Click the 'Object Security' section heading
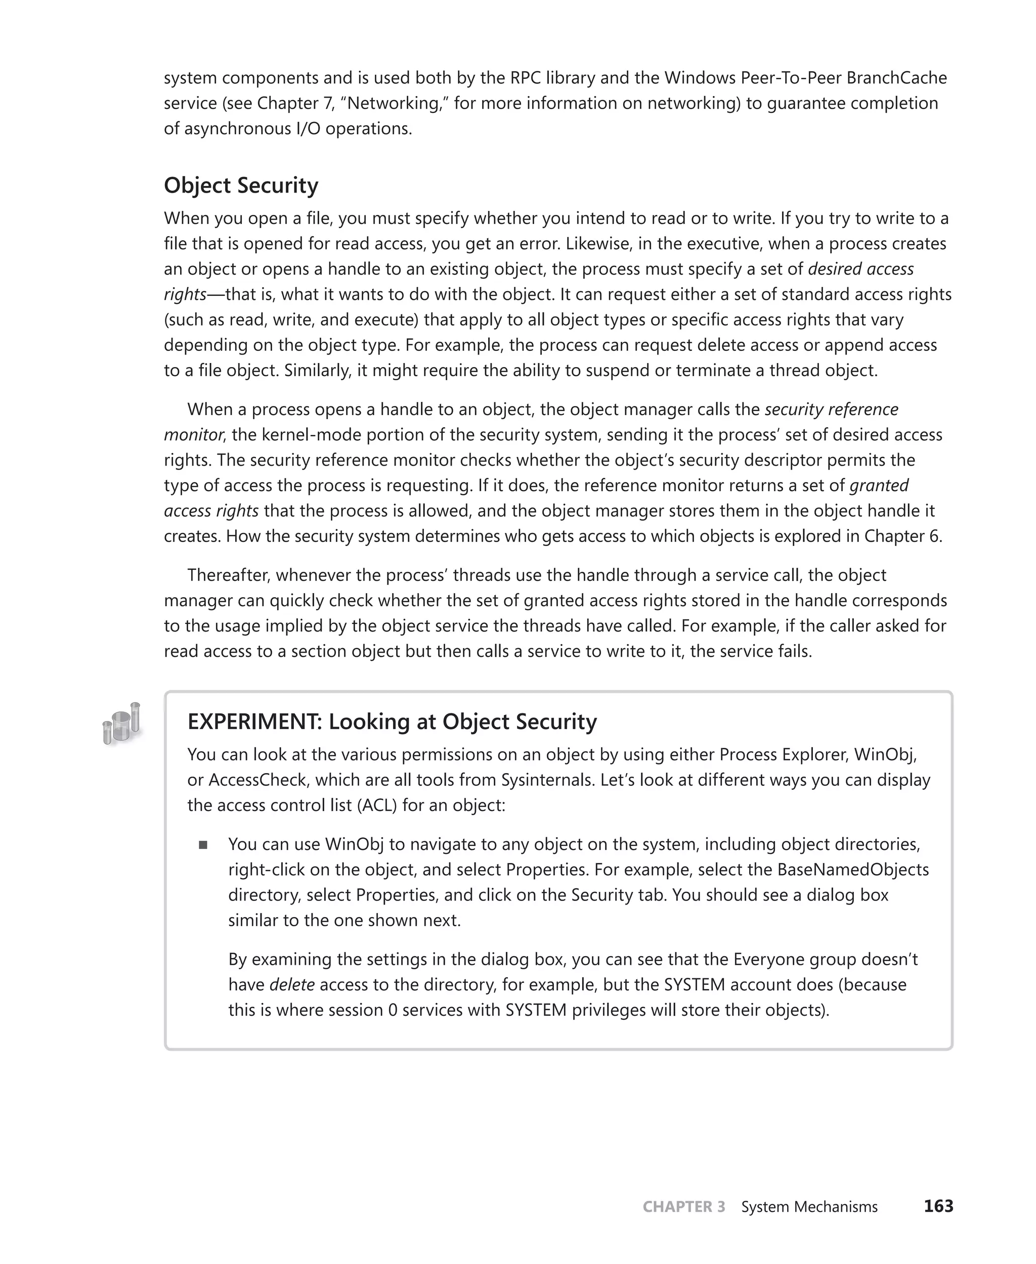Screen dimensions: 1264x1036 coord(241,186)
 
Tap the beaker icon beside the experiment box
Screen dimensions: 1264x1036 coord(122,723)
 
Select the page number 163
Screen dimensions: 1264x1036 coord(938,1206)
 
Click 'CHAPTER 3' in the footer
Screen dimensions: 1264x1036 coord(684,1207)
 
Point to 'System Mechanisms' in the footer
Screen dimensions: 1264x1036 coord(809,1207)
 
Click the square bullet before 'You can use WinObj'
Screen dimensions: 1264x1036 coord(203,845)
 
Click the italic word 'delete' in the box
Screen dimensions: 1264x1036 coord(292,985)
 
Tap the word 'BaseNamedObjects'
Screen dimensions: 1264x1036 coord(853,870)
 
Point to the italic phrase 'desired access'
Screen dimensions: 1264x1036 coord(860,269)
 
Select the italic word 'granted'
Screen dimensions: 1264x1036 coord(879,485)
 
